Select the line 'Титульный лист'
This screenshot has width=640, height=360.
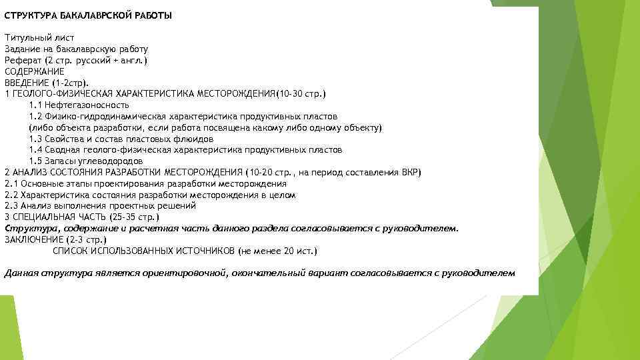[39, 38]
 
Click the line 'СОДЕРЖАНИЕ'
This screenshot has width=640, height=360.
[34, 71]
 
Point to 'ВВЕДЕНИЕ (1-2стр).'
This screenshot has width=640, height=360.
[47, 83]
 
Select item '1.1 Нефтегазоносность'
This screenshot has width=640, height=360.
[79, 105]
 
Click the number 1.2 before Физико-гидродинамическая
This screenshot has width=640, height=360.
[36, 116]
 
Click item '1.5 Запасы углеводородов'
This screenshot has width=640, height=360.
[86, 161]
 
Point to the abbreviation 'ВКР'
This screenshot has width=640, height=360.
[411, 173]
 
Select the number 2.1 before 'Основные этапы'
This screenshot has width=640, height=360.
[10, 184]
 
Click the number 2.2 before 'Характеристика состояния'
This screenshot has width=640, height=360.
[10, 195]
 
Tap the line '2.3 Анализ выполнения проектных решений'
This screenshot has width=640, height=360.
[100, 206]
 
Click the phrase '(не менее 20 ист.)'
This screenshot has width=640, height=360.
[278, 251]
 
